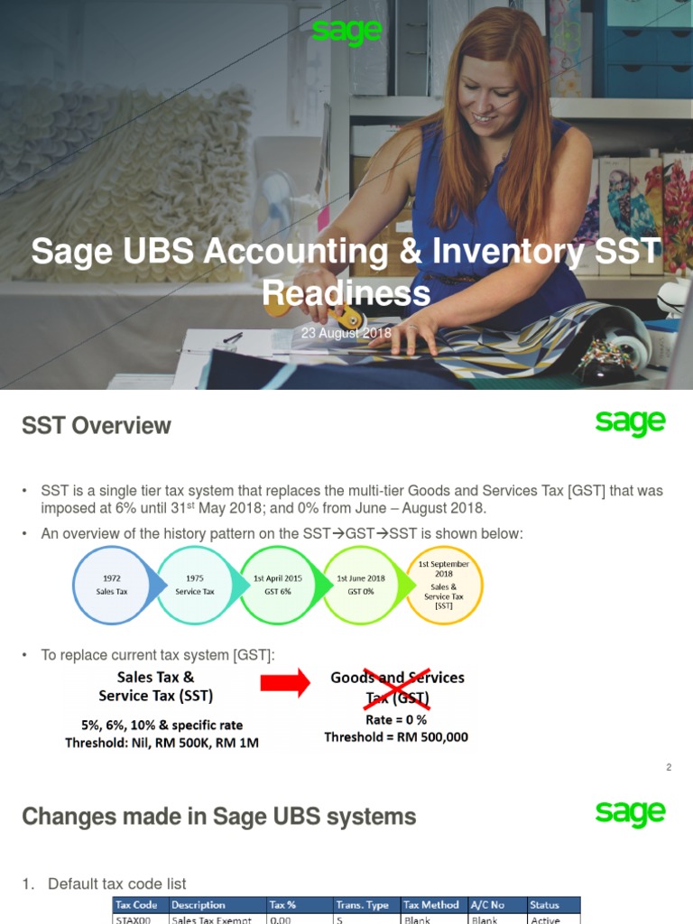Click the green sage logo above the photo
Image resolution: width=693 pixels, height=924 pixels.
pyautogui.click(x=346, y=32)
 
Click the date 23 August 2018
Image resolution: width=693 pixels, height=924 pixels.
pyautogui.click(x=346, y=333)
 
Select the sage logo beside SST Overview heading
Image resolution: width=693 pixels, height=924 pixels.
pyautogui.click(x=630, y=422)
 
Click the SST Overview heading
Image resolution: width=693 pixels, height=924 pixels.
pyautogui.click(x=96, y=426)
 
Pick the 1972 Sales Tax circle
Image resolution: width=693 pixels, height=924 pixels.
pyautogui.click(x=112, y=585)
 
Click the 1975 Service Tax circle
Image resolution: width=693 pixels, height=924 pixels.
pyautogui.click(x=195, y=585)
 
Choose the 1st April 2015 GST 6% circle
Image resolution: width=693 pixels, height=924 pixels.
pyautogui.click(x=278, y=585)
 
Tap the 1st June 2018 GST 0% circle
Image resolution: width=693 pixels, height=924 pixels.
pyautogui.click(x=361, y=585)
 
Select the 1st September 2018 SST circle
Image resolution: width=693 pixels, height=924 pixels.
pyautogui.click(x=444, y=585)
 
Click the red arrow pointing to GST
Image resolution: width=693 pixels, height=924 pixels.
pyautogui.click(x=285, y=683)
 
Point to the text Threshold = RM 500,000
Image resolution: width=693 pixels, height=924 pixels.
pyautogui.click(x=396, y=737)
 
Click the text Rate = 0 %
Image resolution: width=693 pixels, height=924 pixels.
pyautogui.click(x=396, y=719)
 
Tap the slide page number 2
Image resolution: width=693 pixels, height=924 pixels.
pyautogui.click(x=669, y=767)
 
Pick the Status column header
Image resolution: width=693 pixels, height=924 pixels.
pyautogui.click(x=554, y=904)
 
